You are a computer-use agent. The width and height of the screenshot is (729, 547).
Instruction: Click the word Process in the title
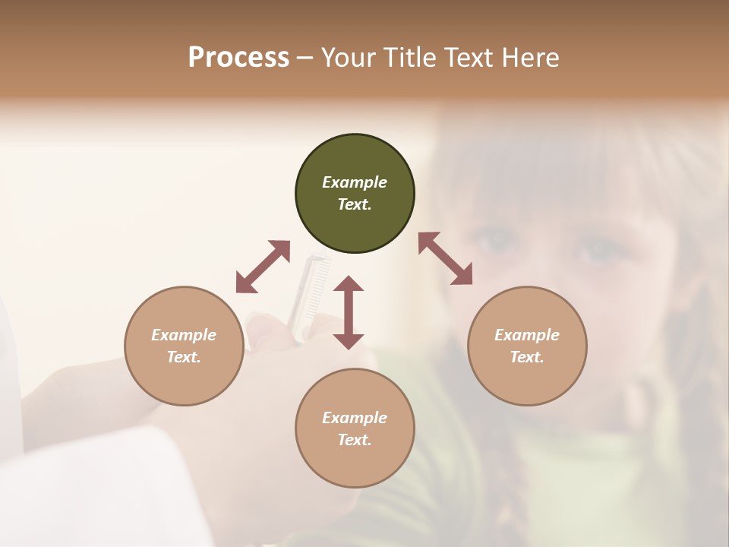[x=238, y=58]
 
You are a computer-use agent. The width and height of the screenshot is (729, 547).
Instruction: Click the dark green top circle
[x=355, y=193]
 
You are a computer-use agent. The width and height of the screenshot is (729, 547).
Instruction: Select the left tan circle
[x=184, y=346]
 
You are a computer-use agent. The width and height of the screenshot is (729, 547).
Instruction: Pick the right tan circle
[x=527, y=346]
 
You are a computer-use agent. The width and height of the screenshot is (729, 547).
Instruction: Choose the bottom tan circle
[x=355, y=428]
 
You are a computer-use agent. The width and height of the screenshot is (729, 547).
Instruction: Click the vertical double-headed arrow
[x=349, y=312]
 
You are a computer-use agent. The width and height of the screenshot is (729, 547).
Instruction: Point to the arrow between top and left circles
[x=263, y=267]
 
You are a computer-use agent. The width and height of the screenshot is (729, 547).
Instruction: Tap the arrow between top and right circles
[x=445, y=258]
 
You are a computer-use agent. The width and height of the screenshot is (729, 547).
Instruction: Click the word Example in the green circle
[x=355, y=182]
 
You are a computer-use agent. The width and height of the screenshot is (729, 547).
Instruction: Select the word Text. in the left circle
[x=184, y=357]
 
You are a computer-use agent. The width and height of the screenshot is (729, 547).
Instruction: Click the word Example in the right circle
[x=527, y=335]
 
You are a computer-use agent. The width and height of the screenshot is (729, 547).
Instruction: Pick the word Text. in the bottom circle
[x=355, y=440]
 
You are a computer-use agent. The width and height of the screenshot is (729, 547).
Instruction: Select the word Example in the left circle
[x=184, y=335]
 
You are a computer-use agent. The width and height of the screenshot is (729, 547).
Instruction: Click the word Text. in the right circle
[x=527, y=357]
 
